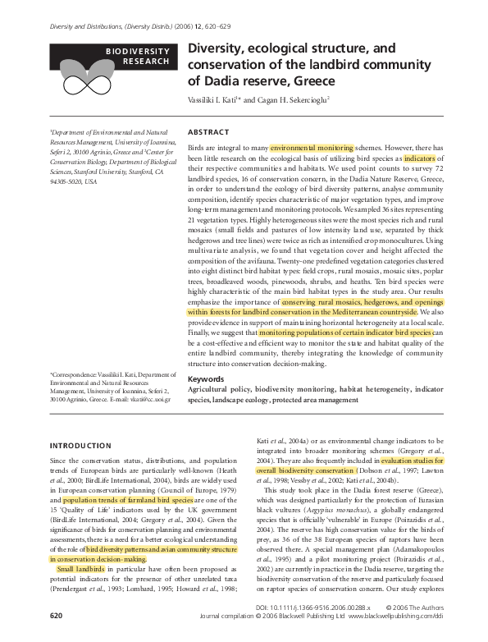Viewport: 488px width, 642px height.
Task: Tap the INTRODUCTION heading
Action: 83,445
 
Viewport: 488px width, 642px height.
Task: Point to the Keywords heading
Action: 206,379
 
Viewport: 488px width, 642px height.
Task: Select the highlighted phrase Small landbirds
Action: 82,568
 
